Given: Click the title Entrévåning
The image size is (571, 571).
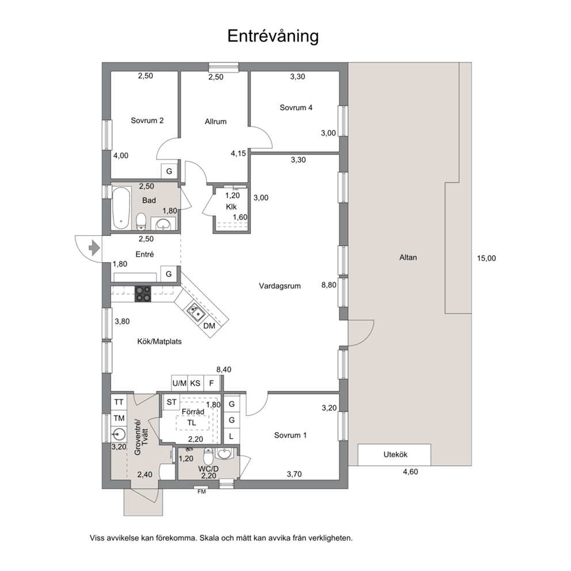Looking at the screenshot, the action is click(x=273, y=36).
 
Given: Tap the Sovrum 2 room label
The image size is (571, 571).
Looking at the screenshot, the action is click(x=147, y=120).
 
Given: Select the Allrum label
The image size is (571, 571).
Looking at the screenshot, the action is click(x=216, y=121).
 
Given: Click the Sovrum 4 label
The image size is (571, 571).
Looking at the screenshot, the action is click(x=296, y=108).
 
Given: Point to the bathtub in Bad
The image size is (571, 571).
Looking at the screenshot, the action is click(x=121, y=208).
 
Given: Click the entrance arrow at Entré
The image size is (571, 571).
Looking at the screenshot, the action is click(x=94, y=248).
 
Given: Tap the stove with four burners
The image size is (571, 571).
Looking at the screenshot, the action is click(x=143, y=294).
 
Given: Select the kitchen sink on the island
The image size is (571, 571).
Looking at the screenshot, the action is click(x=196, y=312).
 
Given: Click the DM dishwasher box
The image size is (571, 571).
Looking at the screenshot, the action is click(x=210, y=326).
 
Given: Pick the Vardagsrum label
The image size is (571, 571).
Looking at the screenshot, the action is click(x=280, y=286).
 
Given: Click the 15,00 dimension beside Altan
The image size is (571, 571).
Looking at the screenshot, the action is click(x=486, y=258).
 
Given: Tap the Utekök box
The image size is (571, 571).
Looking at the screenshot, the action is click(x=394, y=455).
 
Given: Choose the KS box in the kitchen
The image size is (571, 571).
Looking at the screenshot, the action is click(x=195, y=383).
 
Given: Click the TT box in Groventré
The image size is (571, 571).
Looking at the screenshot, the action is click(x=119, y=402).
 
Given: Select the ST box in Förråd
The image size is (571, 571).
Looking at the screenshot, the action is click(x=172, y=402).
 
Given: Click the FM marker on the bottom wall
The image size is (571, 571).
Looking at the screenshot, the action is click(x=201, y=492).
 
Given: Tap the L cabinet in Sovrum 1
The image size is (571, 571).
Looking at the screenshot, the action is click(x=231, y=436).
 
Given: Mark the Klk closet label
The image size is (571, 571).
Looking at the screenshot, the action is click(x=231, y=207).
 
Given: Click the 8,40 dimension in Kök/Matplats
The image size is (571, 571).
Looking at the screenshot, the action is click(x=223, y=370).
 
